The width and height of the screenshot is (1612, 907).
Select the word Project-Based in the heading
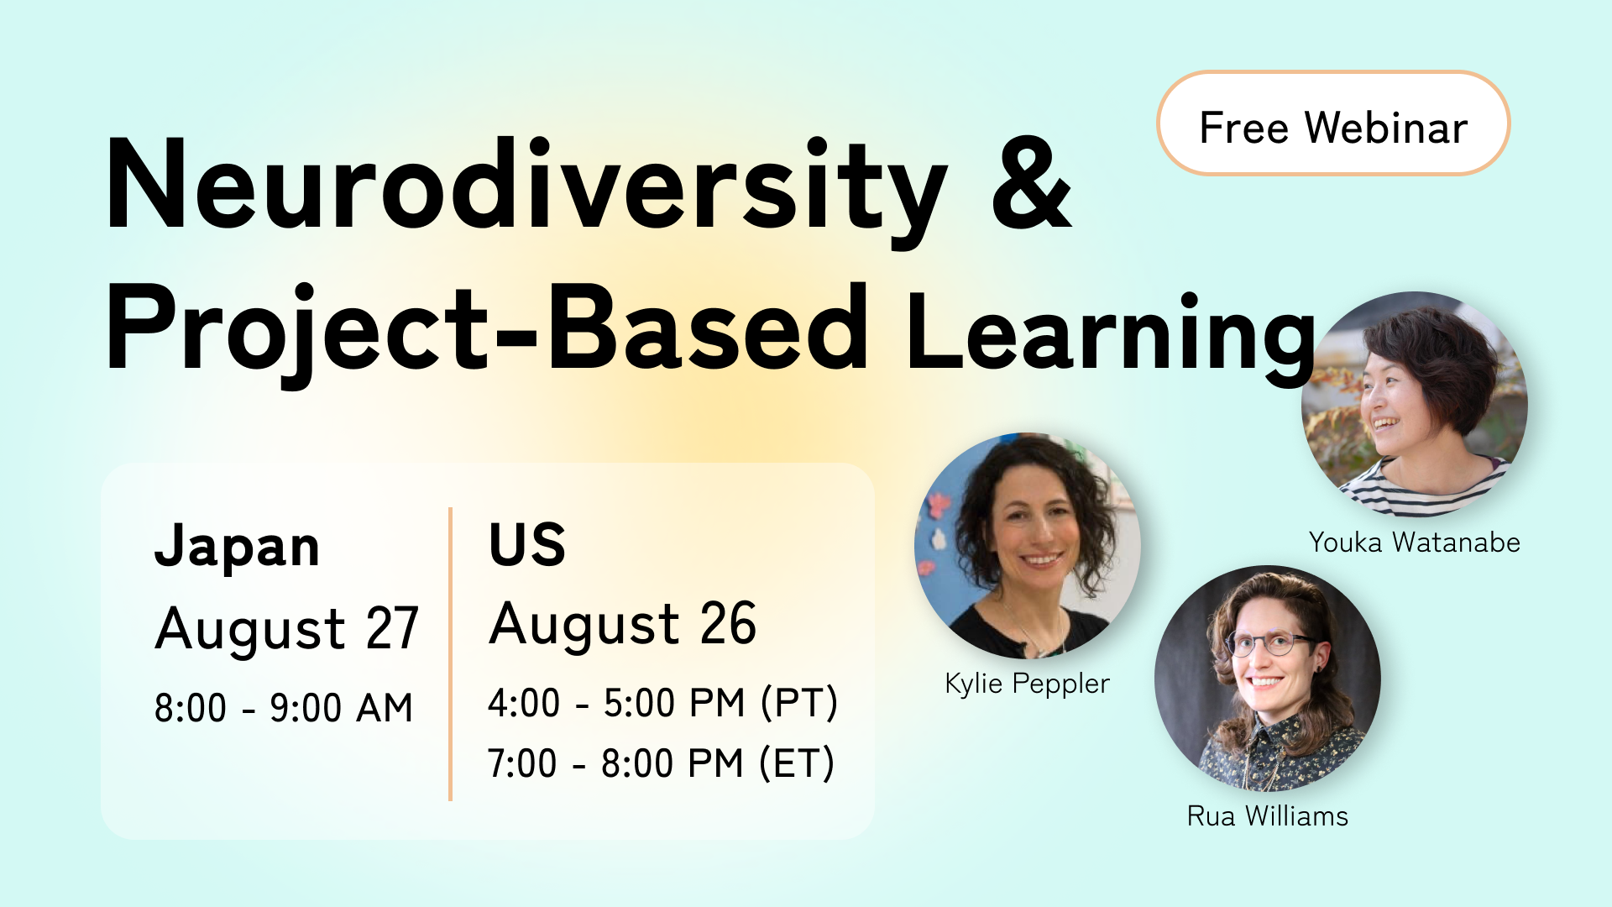[487, 329]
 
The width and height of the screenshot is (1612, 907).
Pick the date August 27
[286, 629]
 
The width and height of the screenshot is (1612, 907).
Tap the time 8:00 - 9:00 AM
[284, 708]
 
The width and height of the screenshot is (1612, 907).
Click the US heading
[527, 545]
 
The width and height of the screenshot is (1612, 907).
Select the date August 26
[622, 625]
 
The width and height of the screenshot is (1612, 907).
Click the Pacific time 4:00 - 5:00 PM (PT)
[662, 703]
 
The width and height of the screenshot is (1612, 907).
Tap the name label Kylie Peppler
[1027, 684]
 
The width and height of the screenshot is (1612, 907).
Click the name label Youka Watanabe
[1414, 543]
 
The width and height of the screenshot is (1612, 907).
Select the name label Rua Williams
[1267, 816]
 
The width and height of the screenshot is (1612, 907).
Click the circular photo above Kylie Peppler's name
[1027, 546]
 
